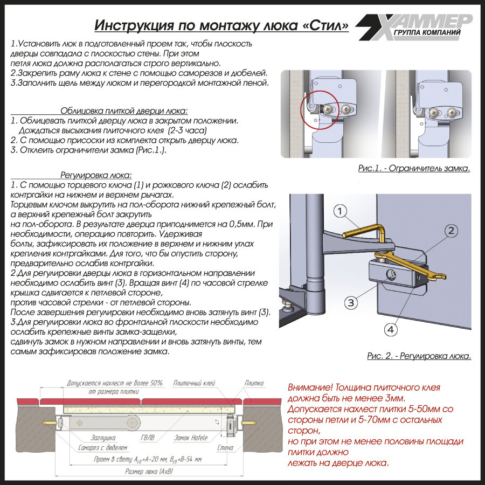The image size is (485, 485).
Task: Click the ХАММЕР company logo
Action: (x=415, y=25)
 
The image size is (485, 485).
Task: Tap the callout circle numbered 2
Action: (x=451, y=231)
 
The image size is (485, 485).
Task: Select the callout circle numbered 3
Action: (x=351, y=302)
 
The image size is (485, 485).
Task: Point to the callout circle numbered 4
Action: (x=392, y=329)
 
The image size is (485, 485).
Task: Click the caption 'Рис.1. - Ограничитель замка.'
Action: (x=414, y=168)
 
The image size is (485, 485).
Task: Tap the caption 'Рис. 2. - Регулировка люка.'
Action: (x=419, y=356)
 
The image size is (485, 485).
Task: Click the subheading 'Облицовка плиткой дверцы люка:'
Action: (x=124, y=110)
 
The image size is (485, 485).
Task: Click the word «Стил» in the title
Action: (x=325, y=25)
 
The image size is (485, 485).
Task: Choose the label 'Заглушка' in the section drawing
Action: (x=88, y=438)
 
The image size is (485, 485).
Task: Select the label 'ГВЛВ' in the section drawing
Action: (x=147, y=438)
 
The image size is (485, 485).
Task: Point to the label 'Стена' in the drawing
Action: (x=225, y=448)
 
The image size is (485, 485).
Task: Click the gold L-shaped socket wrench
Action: (x=367, y=226)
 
